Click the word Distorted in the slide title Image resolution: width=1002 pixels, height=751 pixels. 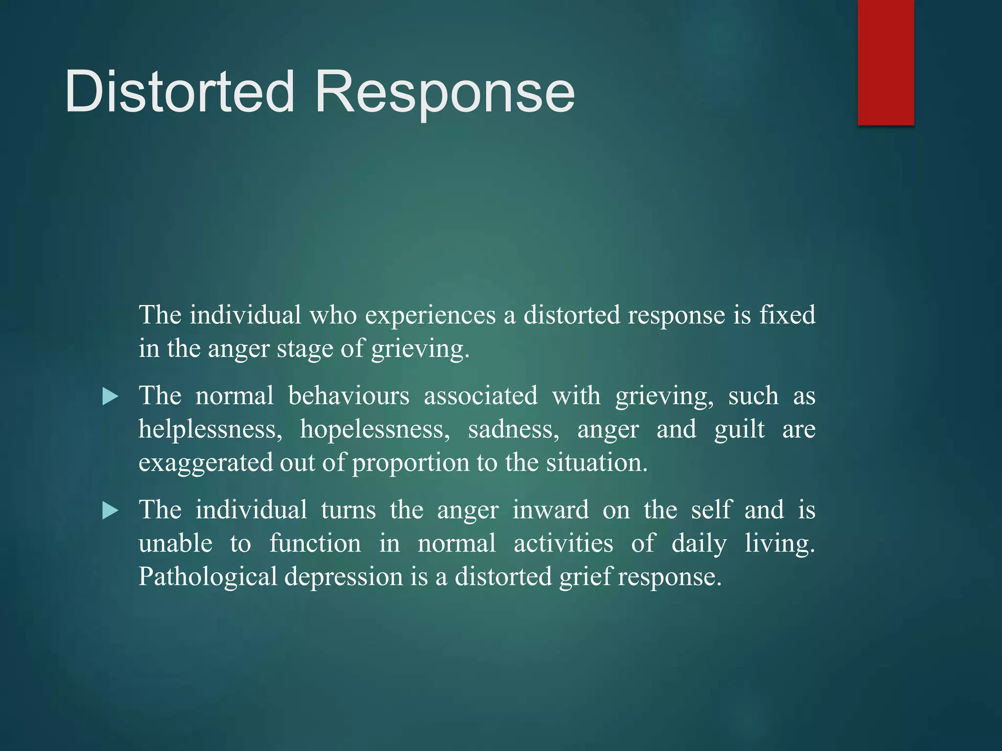pyautogui.click(x=180, y=91)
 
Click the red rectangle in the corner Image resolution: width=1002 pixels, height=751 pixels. pyautogui.click(x=886, y=62)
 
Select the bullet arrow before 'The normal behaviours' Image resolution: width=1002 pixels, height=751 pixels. pyautogui.click(x=111, y=397)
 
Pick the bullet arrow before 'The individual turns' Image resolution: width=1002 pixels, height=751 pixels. pyautogui.click(x=111, y=511)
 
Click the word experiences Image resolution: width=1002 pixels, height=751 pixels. pyautogui.click(x=430, y=315)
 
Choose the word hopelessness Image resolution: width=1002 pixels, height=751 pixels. pyautogui.click(x=375, y=429)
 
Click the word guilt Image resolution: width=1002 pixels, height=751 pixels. pyautogui.click(x=739, y=429)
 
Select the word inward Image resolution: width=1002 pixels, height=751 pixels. pyautogui.click(x=550, y=510)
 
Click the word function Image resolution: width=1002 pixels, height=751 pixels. pyautogui.click(x=315, y=543)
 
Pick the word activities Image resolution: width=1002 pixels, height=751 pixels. pyautogui.click(x=563, y=543)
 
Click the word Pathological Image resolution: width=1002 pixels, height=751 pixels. pyautogui.click(x=208, y=577)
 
